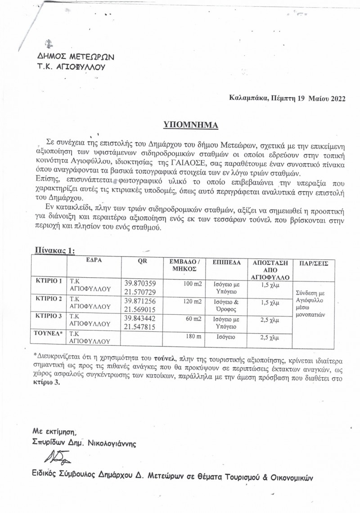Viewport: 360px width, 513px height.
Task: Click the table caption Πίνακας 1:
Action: (54, 250)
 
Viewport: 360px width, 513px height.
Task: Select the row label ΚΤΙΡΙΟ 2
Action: (49, 299)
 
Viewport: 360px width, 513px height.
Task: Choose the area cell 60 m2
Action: (192, 319)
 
